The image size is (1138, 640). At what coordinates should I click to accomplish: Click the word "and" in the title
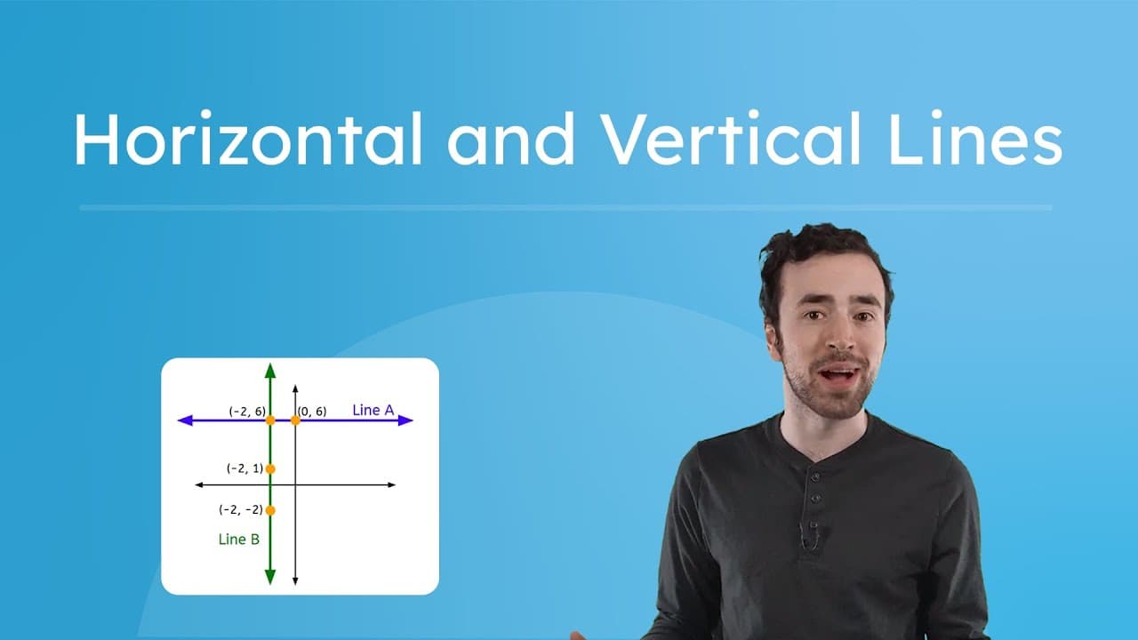point(511,140)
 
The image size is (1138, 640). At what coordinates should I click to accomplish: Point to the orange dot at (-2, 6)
point(270,420)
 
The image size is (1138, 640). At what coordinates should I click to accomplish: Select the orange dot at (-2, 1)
point(270,468)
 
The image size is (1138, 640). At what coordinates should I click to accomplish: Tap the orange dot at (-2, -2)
point(270,510)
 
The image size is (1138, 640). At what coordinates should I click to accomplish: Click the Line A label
point(373,410)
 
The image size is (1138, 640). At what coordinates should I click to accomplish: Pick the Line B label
point(238,539)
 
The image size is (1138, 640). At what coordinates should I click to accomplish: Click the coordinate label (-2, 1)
point(244,468)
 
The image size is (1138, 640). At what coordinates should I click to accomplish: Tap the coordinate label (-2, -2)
point(241,510)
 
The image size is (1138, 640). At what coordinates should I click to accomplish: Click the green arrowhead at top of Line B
point(270,370)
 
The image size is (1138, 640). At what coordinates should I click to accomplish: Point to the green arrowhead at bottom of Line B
point(270,577)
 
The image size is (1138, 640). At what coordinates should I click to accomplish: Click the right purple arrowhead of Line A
point(405,420)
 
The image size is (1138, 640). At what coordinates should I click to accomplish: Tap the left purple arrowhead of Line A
point(186,420)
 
